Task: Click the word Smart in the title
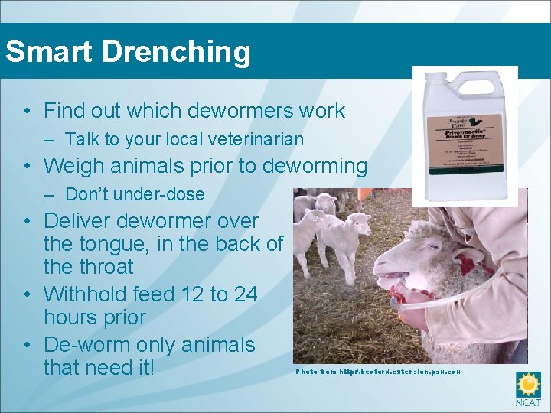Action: [x=48, y=52]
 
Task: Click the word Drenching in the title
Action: [x=175, y=52]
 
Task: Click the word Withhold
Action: [x=80, y=294]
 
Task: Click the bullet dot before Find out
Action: [x=27, y=112]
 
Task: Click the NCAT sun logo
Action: [x=528, y=385]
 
